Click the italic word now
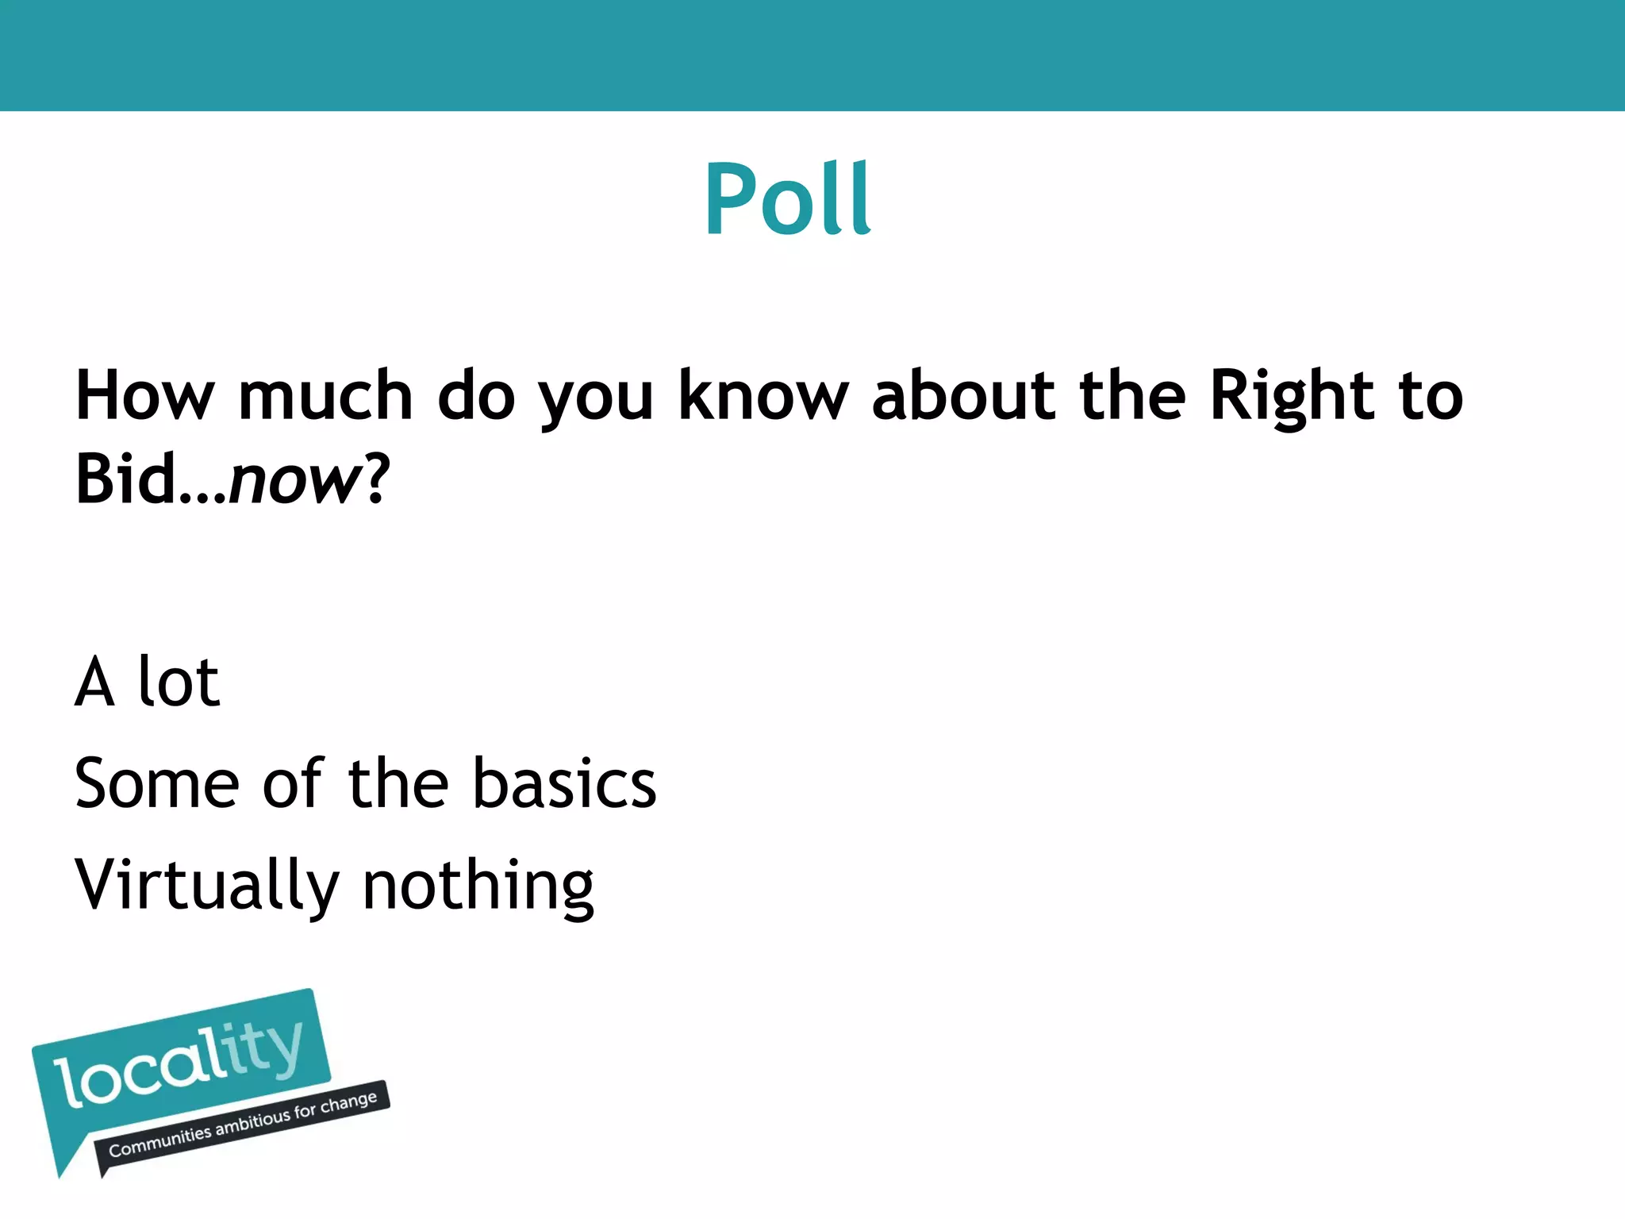pos(294,481)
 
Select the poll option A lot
pos(147,682)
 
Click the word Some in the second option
pos(156,783)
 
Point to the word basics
pos(564,783)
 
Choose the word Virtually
pos(207,886)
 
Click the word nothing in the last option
pos(478,886)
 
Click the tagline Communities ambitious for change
pos(242,1125)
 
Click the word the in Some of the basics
pos(398,783)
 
